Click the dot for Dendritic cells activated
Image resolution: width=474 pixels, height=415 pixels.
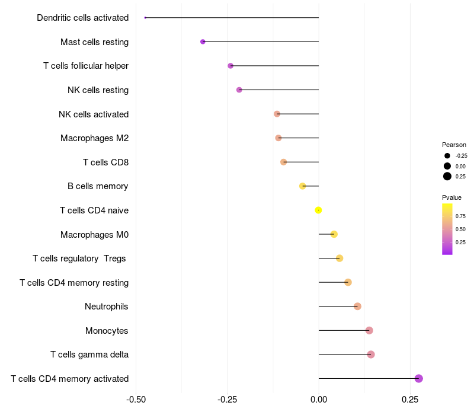[145, 18]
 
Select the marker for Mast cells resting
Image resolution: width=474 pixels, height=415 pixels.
[203, 41]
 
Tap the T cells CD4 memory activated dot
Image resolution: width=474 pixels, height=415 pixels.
[419, 378]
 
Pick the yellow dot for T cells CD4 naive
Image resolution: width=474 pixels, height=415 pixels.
[319, 210]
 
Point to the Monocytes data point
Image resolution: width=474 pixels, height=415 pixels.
[369, 330]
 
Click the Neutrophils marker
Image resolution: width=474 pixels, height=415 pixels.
[357, 306]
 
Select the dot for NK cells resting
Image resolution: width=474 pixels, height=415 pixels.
[239, 90]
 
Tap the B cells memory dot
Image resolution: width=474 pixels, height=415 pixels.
[303, 186]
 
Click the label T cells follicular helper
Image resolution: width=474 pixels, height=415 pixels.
[86, 66]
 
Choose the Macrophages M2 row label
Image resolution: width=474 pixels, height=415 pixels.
[94, 138]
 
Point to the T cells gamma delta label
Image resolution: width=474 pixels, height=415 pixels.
[89, 355]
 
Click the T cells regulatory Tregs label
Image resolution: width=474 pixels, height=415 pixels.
[80, 258]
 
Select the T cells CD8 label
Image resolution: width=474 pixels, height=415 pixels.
[105, 162]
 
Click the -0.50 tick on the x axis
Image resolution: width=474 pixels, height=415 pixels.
[136, 400]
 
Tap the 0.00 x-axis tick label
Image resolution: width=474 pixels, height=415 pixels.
[319, 400]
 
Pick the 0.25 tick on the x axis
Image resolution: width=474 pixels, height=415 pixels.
[410, 400]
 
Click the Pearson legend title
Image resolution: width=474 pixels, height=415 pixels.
[454, 145]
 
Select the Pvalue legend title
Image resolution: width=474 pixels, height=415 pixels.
[451, 197]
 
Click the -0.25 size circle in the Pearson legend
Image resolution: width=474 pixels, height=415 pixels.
[447, 156]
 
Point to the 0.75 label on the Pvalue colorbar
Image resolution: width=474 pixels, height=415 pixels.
[460, 216]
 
